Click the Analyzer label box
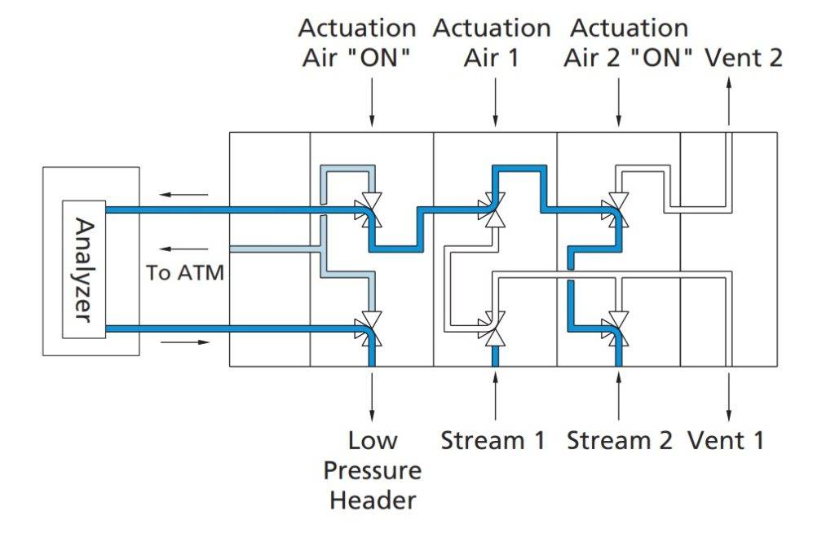[x=84, y=269]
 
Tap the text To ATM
[x=184, y=272]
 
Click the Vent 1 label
[x=727, y=441]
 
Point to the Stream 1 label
[x=493, y=441]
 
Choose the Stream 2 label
[x=620, y=441]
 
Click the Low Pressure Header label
[x=373, y=470]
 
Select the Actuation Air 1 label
[x=492, y=43]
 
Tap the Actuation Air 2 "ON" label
[x=630, y=43]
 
